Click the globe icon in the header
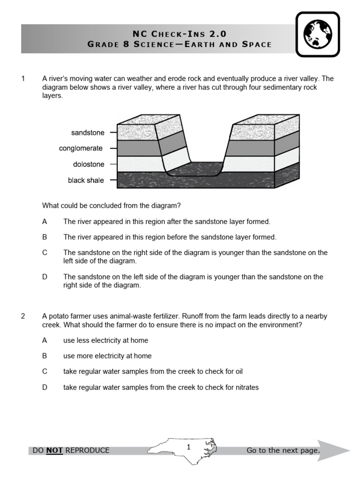tap(318, 34)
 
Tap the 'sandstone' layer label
tap(88, 133)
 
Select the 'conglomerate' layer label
tap(81, 149)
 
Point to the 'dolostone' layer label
tap(89, 165)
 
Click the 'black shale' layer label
tap(86, 180)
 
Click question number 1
tap(23, 79)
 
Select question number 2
tap(23, 316)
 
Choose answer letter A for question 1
tap(45, 221)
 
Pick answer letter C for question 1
tap(45, 253)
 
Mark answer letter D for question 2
tap(45, 388)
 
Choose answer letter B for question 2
tap(45, 356)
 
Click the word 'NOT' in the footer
tap(54, 450)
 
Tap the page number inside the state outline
tap(188, 447)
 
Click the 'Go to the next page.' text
tap(283, 450)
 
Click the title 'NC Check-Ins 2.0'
tap(180, 33)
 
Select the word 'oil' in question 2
tap(238, 372)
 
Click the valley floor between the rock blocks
tap(195, 169)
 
